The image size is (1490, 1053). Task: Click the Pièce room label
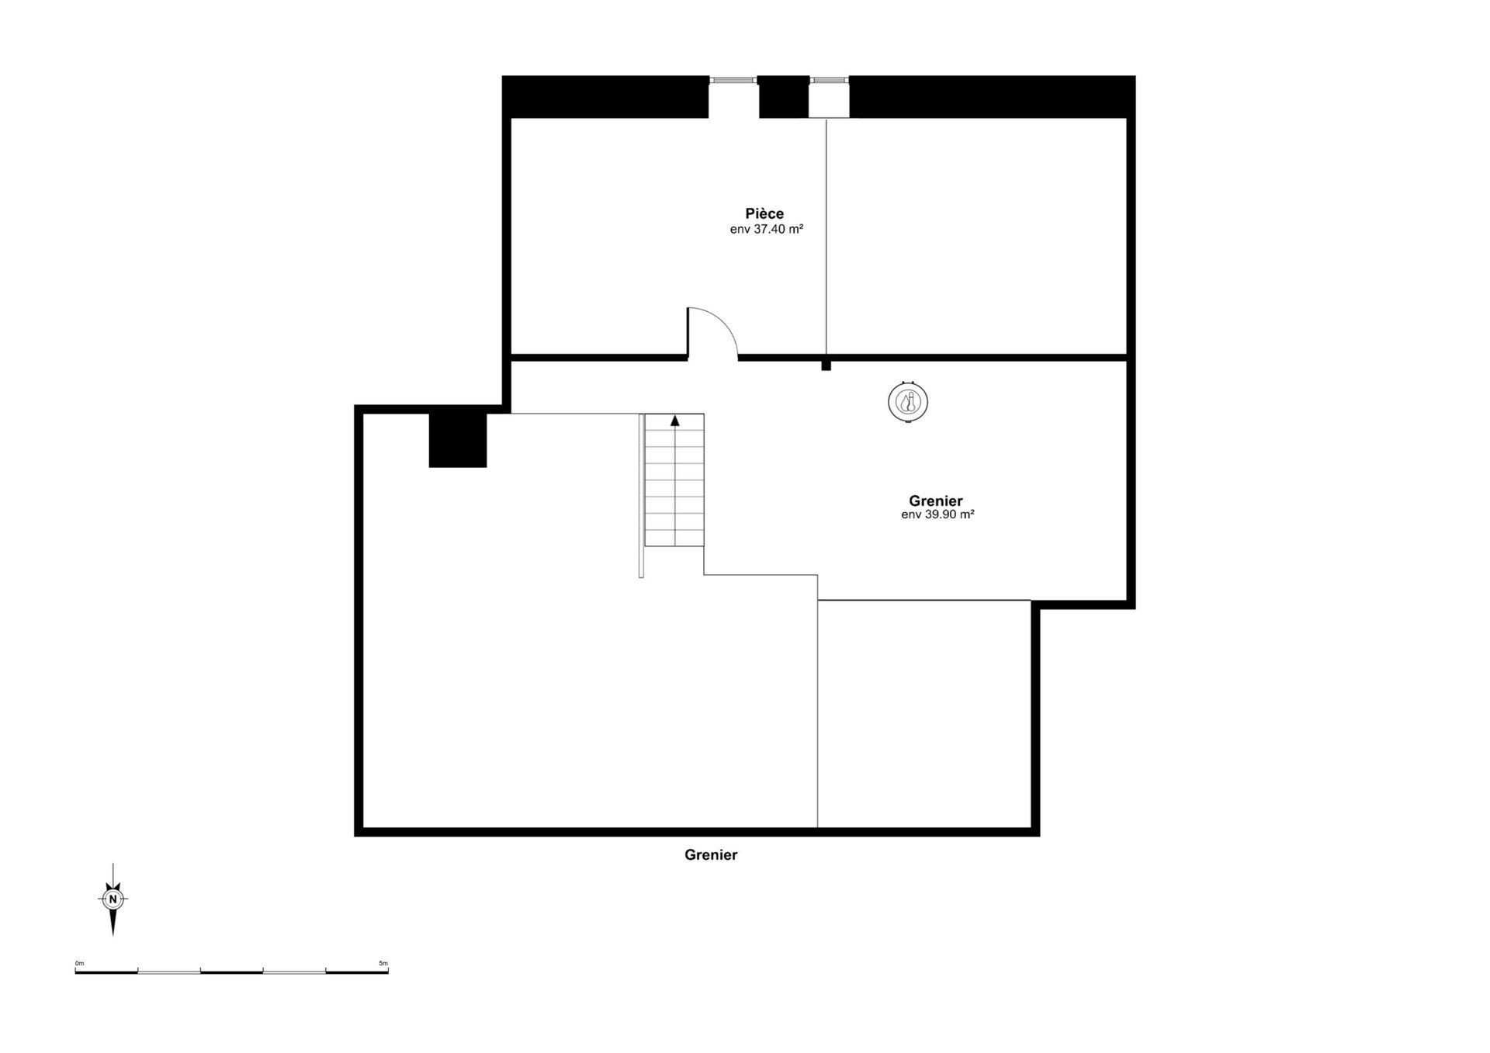[x=764, y=213]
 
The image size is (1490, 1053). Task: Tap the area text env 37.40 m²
[x=766, y=230]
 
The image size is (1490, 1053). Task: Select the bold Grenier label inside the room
[x=935, y=501]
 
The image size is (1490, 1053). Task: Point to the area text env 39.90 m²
[x=937, y=514]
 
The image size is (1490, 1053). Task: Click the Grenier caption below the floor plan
[x=710, y=855]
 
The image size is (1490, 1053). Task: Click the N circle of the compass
[x=113, y=899]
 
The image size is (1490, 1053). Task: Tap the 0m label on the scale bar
[x=79, y=963]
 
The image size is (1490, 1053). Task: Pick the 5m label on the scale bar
[x=383, y=963]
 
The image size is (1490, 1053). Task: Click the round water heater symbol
[x=907, y=403]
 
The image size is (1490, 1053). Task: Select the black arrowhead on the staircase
[x=675, y=421]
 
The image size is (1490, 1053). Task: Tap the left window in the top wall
[x=733, y=79]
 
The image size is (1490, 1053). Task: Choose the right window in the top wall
[x=829, y=79]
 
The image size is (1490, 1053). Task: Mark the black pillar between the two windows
[x=783, y=97]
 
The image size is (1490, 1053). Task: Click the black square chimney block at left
[x=458, y=440]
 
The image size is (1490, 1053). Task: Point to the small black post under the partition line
[x=826, y=365]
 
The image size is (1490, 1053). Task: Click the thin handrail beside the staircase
[x=641, y=497]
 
